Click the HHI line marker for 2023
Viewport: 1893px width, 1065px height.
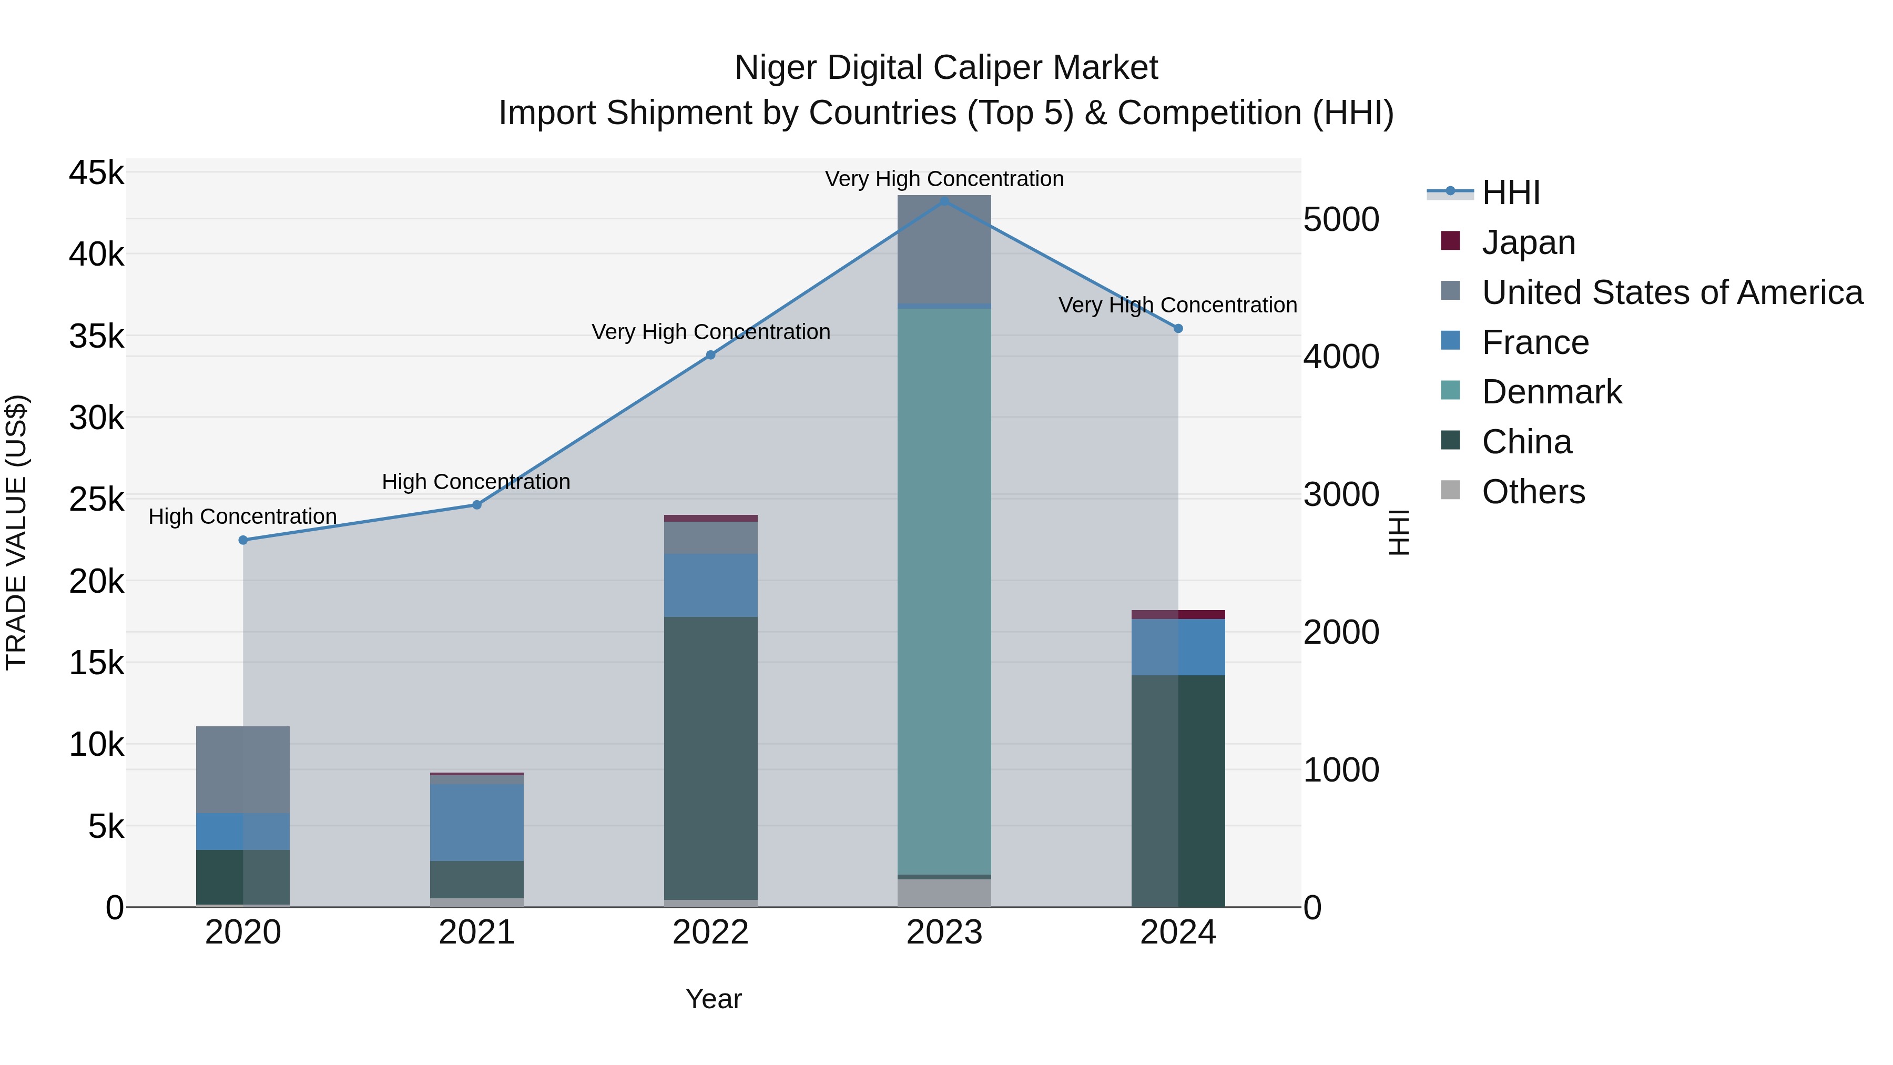pyautogui.click(x=944, y=201)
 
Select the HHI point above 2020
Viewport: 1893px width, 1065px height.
pyautogui.click(x=243, y=540)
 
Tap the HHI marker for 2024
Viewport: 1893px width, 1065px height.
pyautogui.click(x=1178, y=329)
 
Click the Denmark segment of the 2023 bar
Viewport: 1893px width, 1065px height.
pyautogui.click(x=944, y=588)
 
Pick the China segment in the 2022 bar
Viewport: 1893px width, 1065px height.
pyautogui.click(x=710, y=757)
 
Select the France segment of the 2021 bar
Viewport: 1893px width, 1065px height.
pyautogui.click(x=477, y=821)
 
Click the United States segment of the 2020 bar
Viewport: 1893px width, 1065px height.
pyautogui.click(x=243, y=769)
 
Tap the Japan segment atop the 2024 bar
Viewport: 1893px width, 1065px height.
pyautogui.click(x=1178, y=614)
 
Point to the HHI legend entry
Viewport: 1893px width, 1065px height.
pyautogui.click(x=1510, y=192)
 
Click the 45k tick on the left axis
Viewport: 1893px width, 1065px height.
pyautogui.click(x=96, y=174)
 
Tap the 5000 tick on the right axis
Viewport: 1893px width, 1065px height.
pyautogui.click(x=1341, y=220)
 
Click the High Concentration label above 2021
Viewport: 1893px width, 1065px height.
pyautogui.click(x=476, y=482)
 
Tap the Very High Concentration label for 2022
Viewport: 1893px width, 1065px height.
pyautogui.click(x=710, y=332)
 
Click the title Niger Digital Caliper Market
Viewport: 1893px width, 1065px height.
pyautogui.click(x=946, y=68)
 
